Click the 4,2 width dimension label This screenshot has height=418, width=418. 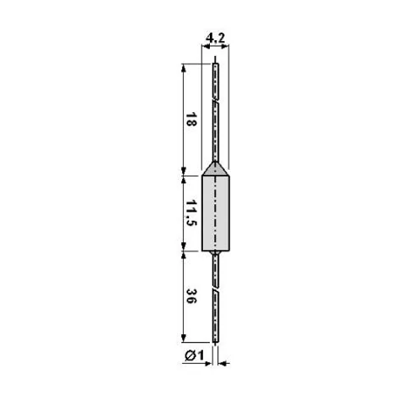(215, 38)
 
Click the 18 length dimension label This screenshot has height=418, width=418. (191, 120)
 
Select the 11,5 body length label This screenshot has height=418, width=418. (191, 212)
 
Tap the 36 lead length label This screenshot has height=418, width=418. (191, 296)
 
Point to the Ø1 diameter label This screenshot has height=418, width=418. (195, 355)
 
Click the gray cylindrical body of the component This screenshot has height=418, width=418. (216, 213)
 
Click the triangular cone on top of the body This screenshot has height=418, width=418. (216, 169)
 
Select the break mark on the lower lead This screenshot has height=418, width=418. (216, 289)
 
